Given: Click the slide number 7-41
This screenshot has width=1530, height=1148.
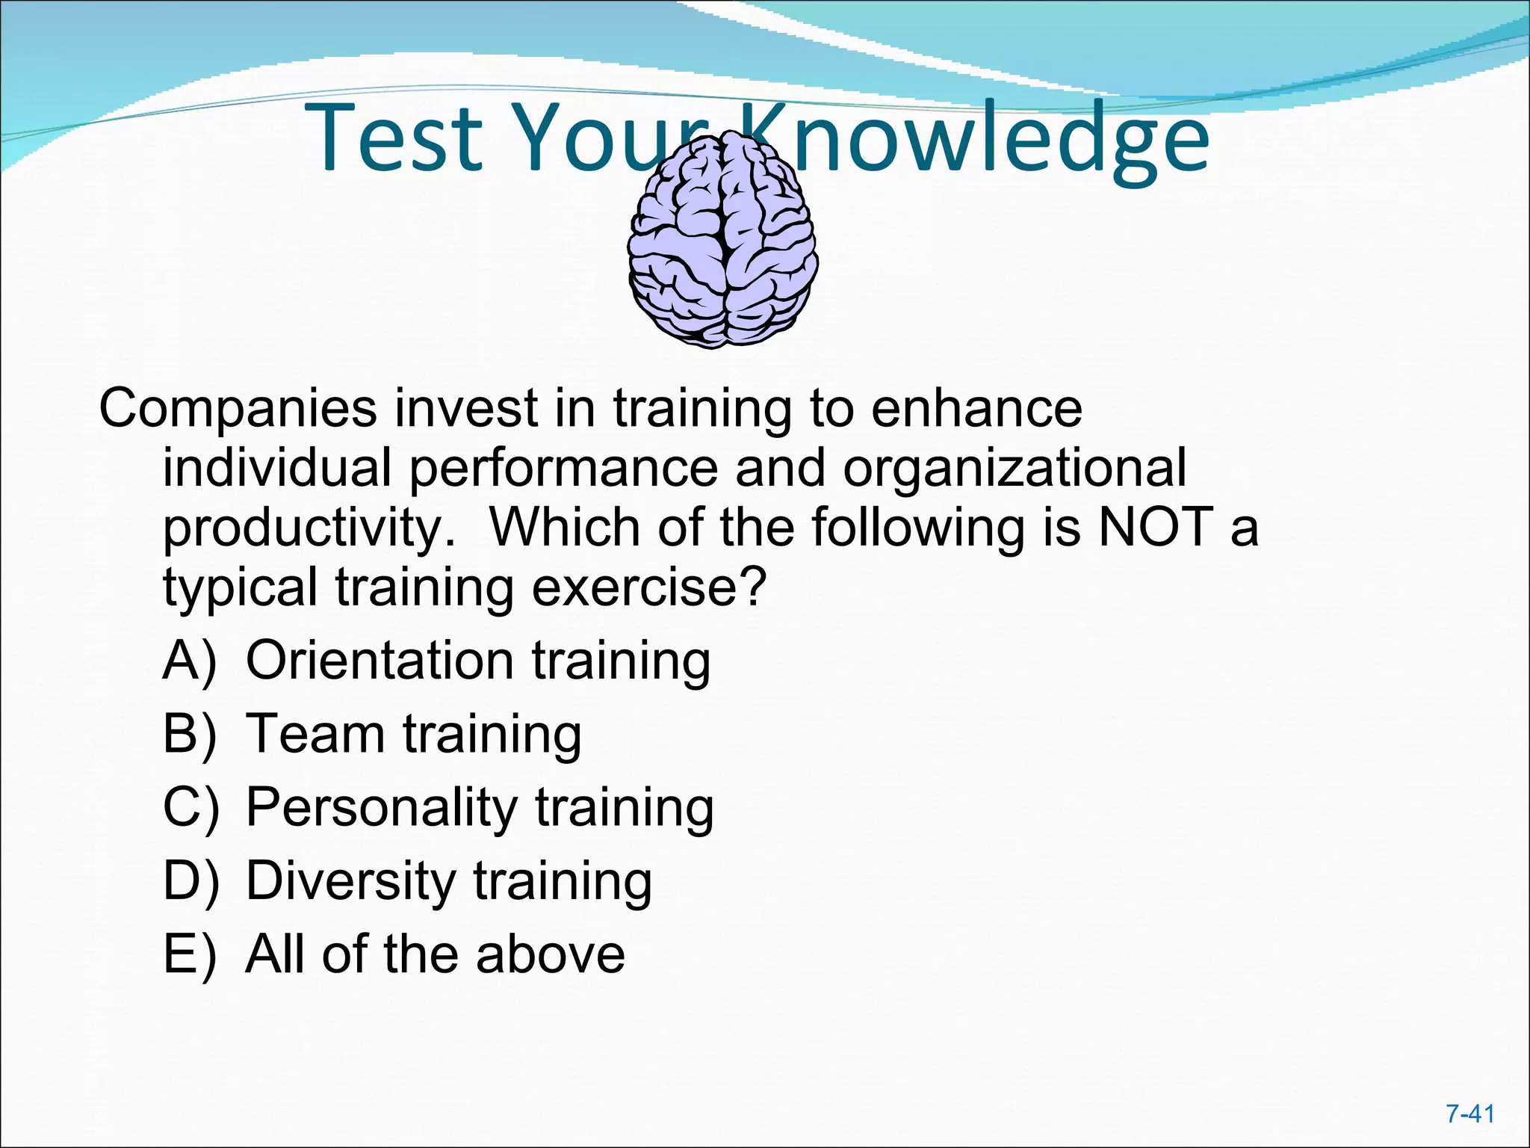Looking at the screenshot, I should (x=1469, y=1114).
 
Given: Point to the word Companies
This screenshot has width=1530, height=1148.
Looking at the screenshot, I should (x=238, y=410).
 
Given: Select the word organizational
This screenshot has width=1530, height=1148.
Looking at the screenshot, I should (x=1014, y=469).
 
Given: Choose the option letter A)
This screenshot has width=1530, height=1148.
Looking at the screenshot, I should (x=190, y=661).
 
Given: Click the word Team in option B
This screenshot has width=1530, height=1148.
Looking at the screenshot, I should (x=315, y=734).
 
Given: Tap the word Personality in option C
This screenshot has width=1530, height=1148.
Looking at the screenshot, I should (x=381, y=808).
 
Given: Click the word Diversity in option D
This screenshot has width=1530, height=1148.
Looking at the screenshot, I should (x=350, y=881).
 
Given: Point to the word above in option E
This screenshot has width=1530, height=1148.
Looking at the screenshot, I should (x=550, y=954).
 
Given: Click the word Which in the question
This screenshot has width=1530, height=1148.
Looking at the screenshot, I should (x=564, y=527).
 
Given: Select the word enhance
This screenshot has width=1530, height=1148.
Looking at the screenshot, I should (x=976, y=410).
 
